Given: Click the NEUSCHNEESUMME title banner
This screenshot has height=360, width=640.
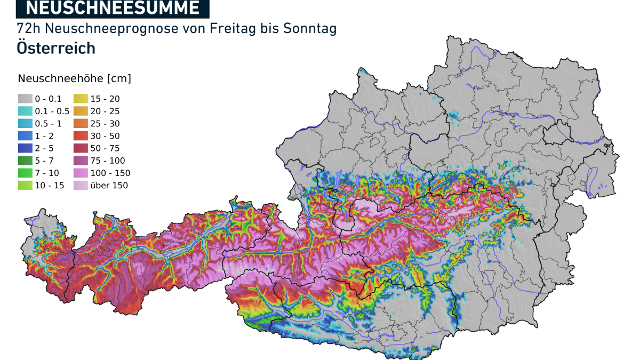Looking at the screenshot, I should click(113, 8).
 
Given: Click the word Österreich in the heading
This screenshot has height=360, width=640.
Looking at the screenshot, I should click(56, 48).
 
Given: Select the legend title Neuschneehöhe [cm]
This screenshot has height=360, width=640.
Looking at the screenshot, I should click(75, 78).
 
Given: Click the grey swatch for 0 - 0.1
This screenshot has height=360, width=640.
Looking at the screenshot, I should click(25, 99).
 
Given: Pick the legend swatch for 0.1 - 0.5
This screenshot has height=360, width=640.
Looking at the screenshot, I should click(25, 111).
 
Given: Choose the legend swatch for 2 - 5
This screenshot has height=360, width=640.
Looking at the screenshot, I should click(25, 148).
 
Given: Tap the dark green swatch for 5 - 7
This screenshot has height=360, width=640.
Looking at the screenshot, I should click(25, 161).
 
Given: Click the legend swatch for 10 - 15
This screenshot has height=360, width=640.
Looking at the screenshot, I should click(25, 185).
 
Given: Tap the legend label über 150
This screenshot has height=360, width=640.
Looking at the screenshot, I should click(109, 185).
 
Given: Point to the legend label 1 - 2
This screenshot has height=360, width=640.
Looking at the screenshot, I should click(44, 136).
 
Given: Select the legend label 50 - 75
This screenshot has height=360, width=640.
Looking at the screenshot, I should click(105, 148).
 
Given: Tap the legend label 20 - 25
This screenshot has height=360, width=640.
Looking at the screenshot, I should click(105, 111).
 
